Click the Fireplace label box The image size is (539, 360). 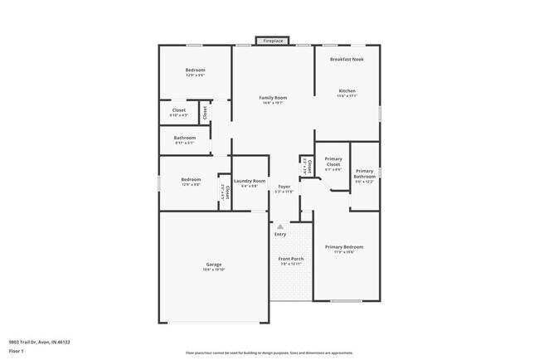[273, 41]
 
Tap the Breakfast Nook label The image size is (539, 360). [347, 59]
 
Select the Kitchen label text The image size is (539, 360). [347, 90]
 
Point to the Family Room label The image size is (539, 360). [273, 98]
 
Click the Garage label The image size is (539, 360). [213, 264]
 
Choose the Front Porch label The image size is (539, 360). [290, 258]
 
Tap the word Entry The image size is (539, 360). [280, 234]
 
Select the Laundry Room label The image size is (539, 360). [250, 181]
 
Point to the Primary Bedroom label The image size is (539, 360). [344, 247]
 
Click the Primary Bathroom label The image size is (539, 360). [365, 173]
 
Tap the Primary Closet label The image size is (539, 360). [333, 162]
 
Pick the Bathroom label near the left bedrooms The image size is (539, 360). [185, 138]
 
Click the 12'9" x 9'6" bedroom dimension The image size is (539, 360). [195, 75]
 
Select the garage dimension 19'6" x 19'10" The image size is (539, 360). [213, 270]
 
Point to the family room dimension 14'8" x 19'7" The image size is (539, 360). [273, 104]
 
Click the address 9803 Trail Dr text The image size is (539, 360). [39, 342]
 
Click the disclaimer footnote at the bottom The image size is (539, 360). [269, 352]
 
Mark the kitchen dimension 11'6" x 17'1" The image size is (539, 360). [347, 96]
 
